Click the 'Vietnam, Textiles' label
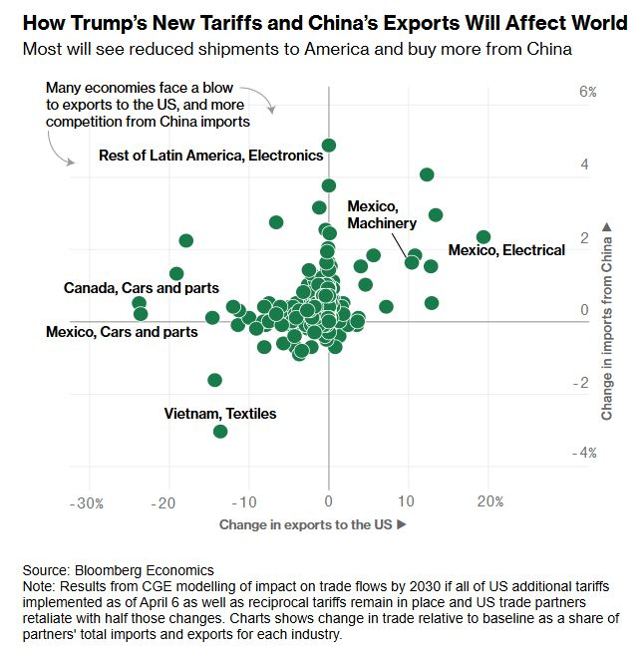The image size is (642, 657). tap(220, 413)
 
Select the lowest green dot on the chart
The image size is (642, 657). tap(220, 431)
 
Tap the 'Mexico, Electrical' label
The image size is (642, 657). tap(506, 250)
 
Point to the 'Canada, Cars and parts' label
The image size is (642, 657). tap(141, 288)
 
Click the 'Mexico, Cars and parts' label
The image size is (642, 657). tap(122, 331)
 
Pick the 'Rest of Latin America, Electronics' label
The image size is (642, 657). tap(210, 156)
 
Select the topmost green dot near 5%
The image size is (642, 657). tap(329, 146)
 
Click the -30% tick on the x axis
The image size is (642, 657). tap(88, 502)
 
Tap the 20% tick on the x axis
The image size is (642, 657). tap(489, 502)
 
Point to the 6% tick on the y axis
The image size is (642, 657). tap(588, 92)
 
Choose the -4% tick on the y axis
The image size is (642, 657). tap(586, 453)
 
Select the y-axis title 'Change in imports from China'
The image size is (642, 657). tap(606, 321)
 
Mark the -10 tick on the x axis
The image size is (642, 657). tap(247, 502)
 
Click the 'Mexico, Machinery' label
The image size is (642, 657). tap(382, 214)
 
